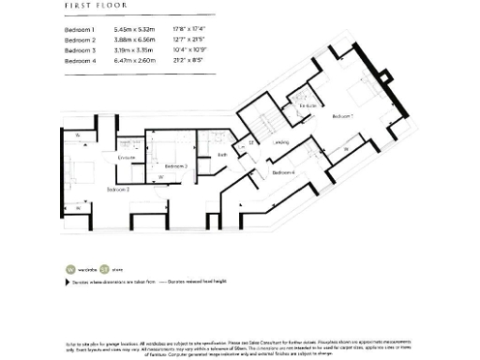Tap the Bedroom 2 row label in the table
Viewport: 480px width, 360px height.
80,40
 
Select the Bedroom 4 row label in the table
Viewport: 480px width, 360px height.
80,61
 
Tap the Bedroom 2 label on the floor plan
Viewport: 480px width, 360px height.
117,189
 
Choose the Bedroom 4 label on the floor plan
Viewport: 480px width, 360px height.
283,173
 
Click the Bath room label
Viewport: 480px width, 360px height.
222,155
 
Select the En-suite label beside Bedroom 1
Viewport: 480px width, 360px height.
307,107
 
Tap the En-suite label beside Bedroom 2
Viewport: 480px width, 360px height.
127,157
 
